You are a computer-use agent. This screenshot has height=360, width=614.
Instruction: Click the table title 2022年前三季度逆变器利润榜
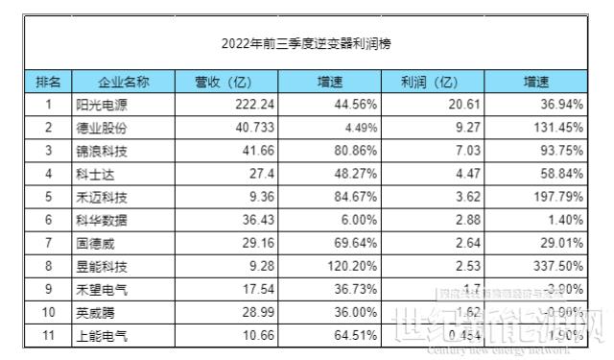pos(306,43)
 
